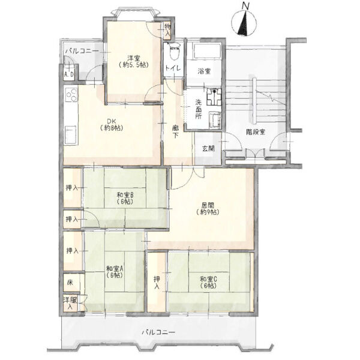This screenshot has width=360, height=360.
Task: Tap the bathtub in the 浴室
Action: pyautogui.click(x=207, y=52)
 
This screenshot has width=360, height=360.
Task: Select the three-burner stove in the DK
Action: pyautogui.click(x=71, y=95)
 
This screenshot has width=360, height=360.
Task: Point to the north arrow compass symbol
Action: pyautogui.click(x=244, y=22)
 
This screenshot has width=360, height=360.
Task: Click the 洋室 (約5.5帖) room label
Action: pyautogui.click(x=134, y=61)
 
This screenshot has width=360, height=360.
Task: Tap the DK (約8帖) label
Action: pyautogui.click(x=112, y=125)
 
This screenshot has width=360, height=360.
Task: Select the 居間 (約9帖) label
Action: pyautogui.click(x=208, y=208)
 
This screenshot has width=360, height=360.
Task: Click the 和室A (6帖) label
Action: pyautogui.click(x=115, y=272)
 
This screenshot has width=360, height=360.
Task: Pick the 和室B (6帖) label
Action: pyautogui.click(x=125, y=199)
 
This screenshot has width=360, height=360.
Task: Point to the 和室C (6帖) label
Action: pyautogui.click(x=208, y=283)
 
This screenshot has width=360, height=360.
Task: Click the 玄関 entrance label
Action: pyautogui.click(x=208, y=149)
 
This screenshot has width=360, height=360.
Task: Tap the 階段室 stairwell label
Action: pyautogui.click(x=256, y=132)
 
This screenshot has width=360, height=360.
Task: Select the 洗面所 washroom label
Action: pyautogui.click(x=199, y=109)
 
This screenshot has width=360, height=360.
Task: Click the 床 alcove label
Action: pyautogui.click(x=70, y=283)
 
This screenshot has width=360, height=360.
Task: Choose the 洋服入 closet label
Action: pyautogui.click(x=70, y=303)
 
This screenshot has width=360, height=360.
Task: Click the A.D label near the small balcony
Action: pyautogui.click(x=69, y=74)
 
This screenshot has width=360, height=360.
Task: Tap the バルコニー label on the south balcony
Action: pyautogui.click(x=158, y=332)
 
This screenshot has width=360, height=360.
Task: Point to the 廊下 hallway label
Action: pyautogui.click(x=176, y=131)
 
